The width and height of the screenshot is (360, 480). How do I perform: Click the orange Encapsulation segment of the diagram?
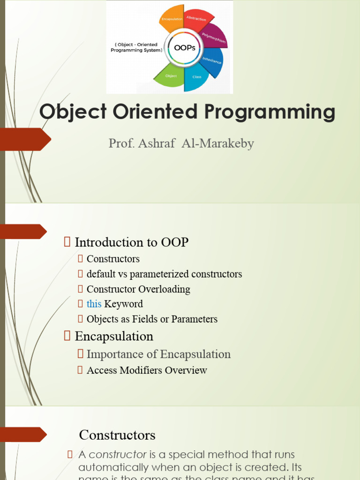click(172, 19)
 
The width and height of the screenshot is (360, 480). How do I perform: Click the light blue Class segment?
click(196, 78)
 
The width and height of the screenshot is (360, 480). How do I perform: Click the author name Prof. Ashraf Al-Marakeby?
click(181, 143)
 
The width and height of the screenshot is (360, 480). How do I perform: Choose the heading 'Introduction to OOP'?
click(131, 242)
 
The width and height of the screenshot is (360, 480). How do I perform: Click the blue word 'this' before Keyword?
click(94, 304)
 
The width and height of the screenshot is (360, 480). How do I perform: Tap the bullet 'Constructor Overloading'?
click(138, 289)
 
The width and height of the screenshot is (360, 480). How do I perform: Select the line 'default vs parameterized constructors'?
click(164, 274)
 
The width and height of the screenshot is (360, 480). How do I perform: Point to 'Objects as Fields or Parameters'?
click(152, 319)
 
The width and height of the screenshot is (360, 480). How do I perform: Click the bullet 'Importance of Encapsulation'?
click(158, 354)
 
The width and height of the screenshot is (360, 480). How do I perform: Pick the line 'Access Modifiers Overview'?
click(147, 370)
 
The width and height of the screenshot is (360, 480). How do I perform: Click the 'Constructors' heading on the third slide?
click(117, 435)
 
